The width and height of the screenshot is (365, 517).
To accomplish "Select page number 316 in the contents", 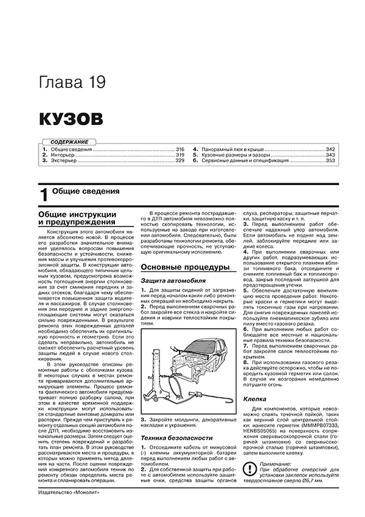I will coord(179,149).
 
